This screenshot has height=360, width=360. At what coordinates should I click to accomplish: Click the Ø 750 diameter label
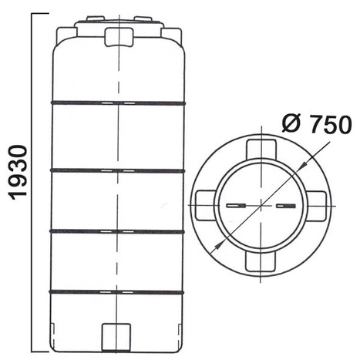coord(316,124)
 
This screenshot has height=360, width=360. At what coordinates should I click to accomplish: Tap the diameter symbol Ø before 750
coord(291,124)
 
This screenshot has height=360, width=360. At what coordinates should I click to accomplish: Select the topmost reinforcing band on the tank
coord(118,103)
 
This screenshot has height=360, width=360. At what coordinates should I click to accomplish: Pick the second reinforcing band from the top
coord(117,170)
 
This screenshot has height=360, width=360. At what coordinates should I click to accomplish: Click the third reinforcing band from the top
coord(117,232)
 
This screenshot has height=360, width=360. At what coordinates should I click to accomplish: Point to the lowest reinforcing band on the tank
coord(117,292)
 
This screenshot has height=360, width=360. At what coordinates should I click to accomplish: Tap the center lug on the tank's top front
coord(119,37)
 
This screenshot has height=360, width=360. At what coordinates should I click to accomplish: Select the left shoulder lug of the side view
coord(66,34)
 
